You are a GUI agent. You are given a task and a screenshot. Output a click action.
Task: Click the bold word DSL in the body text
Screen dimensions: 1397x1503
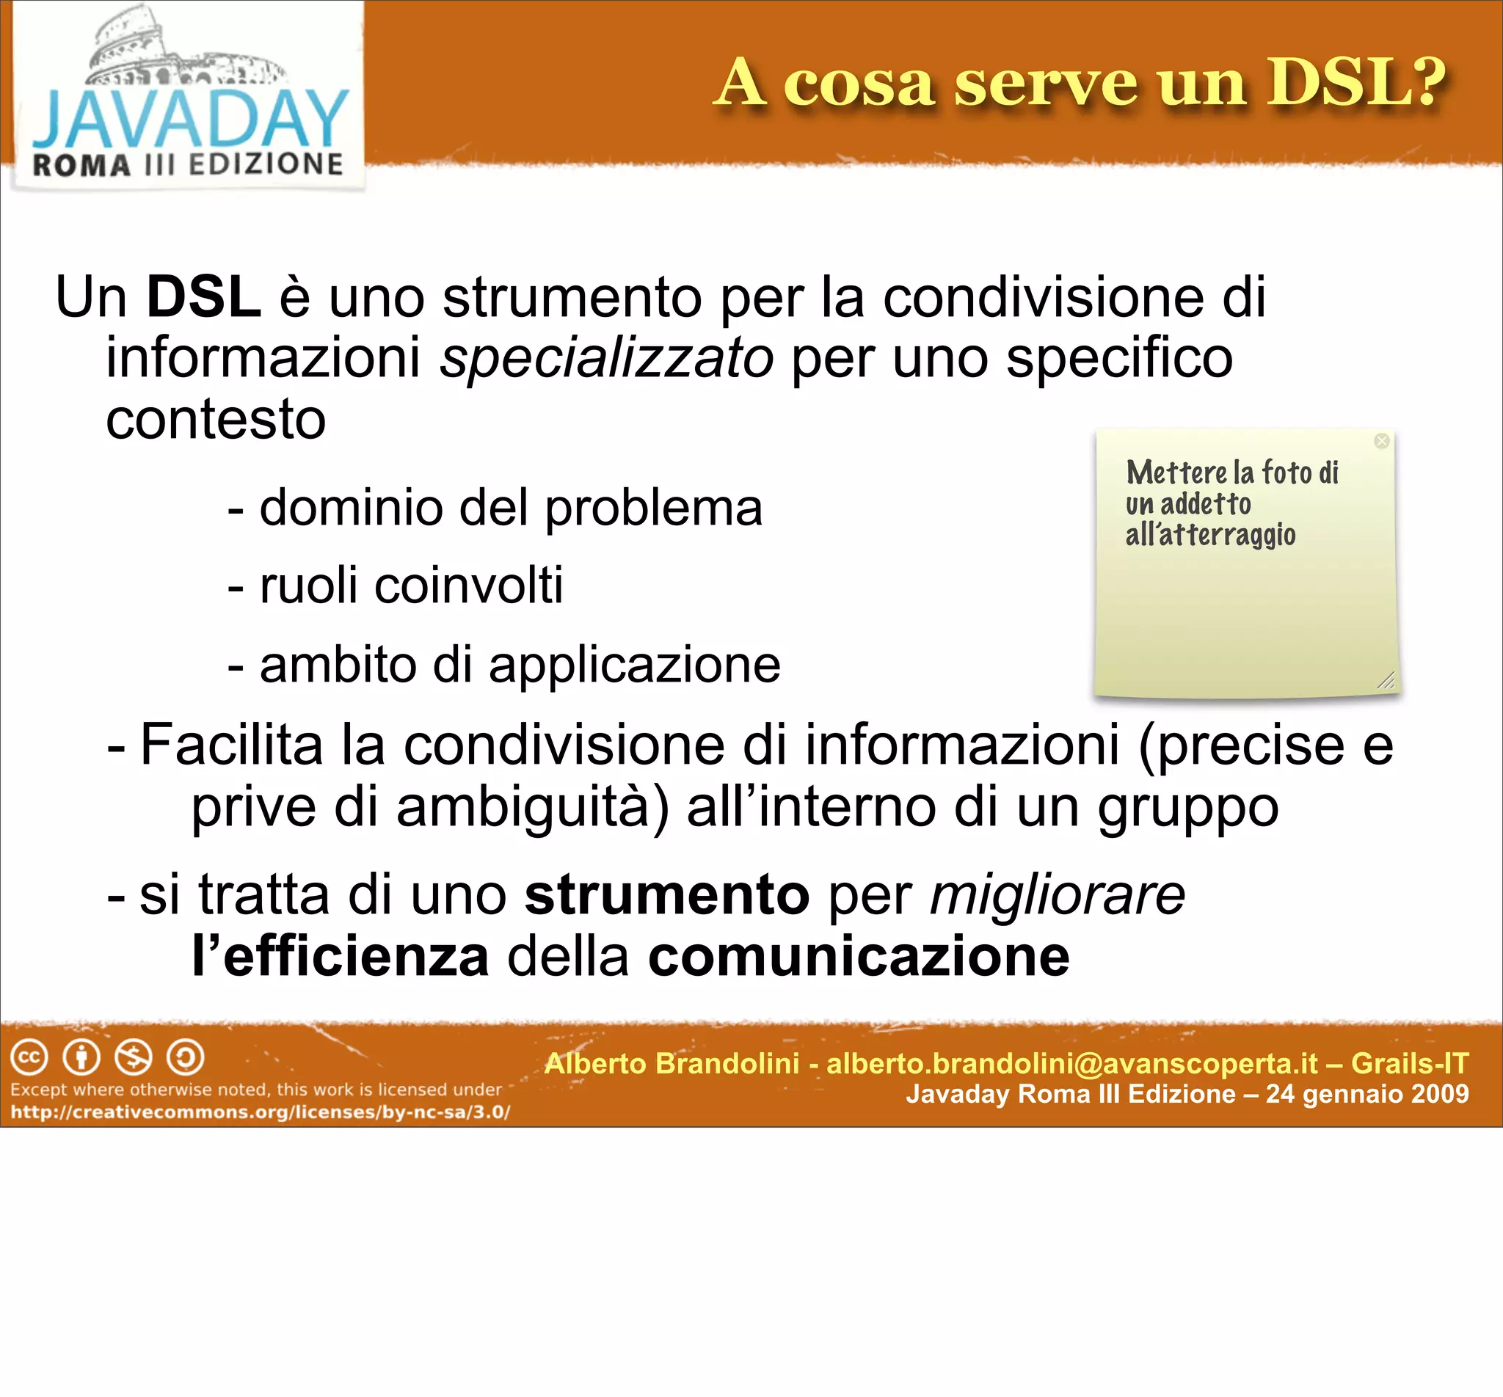203,297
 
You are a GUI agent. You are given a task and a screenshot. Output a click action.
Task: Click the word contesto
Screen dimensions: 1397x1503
216,419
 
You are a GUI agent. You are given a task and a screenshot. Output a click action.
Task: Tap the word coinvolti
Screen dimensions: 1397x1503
469,585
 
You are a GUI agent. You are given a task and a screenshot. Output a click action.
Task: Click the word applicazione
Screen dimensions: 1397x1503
634,665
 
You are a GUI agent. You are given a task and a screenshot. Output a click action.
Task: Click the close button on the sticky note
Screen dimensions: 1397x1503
1382,441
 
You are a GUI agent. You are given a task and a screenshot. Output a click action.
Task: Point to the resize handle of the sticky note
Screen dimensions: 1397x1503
1386,680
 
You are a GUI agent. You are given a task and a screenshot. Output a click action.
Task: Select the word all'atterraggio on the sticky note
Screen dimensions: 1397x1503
1210,535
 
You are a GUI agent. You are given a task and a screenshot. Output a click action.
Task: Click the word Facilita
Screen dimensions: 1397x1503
231,745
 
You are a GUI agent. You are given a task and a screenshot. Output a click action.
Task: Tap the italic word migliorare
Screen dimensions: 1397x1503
1057,895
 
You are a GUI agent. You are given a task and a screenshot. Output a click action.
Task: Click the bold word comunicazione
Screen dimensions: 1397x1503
859,956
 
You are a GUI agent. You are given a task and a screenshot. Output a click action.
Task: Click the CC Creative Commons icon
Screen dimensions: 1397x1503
29,1057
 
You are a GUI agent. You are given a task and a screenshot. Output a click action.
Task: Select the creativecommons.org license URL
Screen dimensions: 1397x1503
260,1113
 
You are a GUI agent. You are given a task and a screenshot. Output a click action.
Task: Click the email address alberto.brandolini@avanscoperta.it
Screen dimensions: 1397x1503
1072,1064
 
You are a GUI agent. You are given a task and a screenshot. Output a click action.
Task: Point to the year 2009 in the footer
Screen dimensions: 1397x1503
1439,1094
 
